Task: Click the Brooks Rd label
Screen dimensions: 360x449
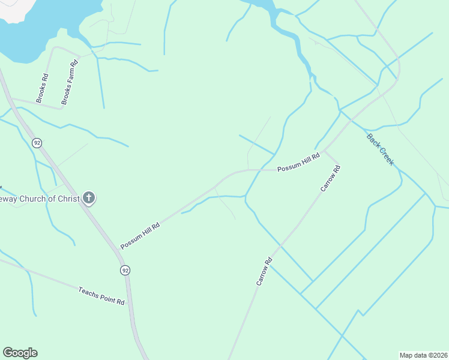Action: pos(42,88)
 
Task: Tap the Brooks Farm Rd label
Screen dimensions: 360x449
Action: pos(71,82)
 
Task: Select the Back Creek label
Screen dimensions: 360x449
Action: pos(380,149)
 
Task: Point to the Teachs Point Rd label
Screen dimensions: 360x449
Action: pos(101,296)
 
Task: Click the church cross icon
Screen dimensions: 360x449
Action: pos(88,197)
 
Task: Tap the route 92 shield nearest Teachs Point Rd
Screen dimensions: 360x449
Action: pos(125,270)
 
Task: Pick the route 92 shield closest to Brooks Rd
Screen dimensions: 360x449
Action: pos(37,143)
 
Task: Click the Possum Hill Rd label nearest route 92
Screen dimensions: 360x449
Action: pos(140,236)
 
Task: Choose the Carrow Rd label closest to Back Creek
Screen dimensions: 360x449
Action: pos(331,179)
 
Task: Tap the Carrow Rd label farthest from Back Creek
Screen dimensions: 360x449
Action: pos(265,271)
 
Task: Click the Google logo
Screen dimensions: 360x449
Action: pos(20,353)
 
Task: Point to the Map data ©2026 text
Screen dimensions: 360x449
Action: pos(423,355)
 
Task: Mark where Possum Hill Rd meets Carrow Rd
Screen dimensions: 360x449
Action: pos(325,151)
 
